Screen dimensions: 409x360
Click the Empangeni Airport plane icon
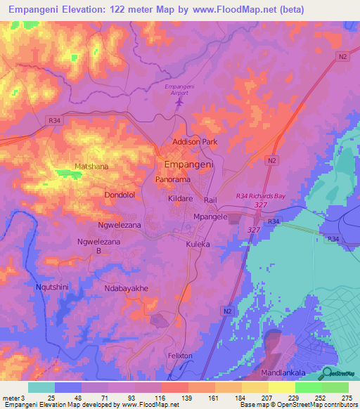point(179,103)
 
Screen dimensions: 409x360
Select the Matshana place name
point(90,167)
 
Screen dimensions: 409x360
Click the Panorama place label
point(173,180)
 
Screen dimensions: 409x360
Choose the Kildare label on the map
point(181,200)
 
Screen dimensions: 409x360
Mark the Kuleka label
point(198,244)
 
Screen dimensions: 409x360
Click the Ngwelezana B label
point(95,246)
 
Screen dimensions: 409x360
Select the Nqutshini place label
point(52,287)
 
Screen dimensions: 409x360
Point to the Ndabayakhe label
point(127,288)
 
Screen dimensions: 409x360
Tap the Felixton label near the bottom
point(180,356)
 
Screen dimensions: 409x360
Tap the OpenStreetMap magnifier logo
point(327,373)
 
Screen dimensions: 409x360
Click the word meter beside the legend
point(11,398)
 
